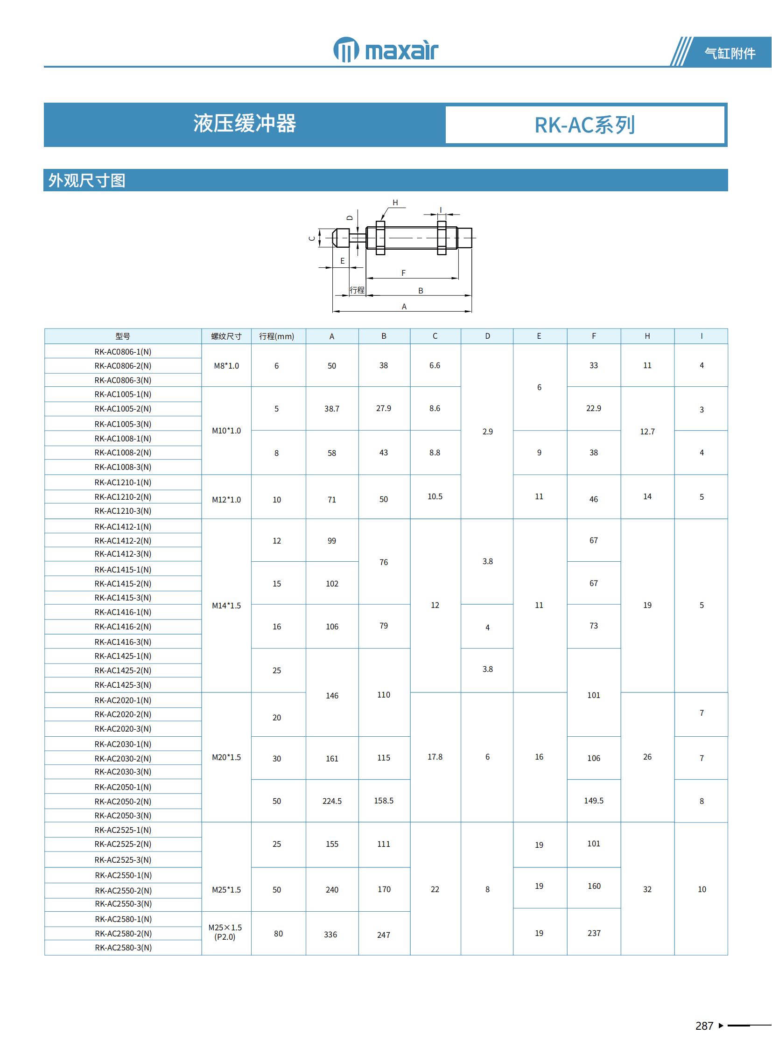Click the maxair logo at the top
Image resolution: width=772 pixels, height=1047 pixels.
point(386,49)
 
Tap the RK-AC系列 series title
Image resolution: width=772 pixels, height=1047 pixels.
point(584,125)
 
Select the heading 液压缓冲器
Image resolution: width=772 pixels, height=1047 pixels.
point(245,124)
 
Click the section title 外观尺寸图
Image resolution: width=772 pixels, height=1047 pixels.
point(87,181)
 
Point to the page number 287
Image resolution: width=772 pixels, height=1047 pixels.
point(704,1026)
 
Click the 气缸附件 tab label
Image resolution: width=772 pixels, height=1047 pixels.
point(730,53)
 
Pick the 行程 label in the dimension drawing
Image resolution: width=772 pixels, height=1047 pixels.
point(357,290)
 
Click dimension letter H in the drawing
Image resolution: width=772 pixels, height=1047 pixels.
point(395,203)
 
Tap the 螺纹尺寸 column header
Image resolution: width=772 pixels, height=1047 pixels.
point(226,336)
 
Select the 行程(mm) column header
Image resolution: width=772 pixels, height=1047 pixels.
point(277,336)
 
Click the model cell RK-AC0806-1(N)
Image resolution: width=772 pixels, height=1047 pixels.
point(123,352)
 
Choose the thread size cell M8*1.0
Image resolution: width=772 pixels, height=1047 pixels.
point(226,366)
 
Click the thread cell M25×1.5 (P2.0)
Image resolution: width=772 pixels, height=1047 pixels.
point(225,932)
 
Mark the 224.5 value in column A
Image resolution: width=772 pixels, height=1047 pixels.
point(332,801)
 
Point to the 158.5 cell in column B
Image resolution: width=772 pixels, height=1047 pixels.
point(384,801)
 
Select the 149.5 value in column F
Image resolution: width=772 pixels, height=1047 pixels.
point(594,801)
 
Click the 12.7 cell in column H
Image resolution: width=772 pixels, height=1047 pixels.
point(647,432)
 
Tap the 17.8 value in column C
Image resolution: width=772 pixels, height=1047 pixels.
point(435,757)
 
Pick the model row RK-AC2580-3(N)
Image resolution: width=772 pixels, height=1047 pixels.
point(123,948)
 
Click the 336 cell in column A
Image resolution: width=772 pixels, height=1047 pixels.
point(330,935)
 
